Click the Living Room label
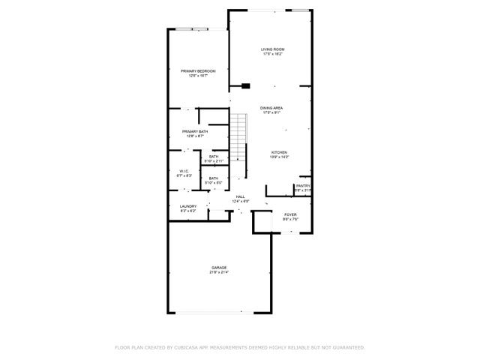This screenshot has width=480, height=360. coord(273,49)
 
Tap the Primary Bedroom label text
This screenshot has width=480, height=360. coord(198,71)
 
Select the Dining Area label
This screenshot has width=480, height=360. coord(271,108)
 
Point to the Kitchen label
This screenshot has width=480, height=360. coord(279,152)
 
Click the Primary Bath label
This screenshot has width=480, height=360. coord(194,131)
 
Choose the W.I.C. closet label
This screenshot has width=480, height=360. coord(184,171)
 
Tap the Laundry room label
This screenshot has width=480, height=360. coord(188,206)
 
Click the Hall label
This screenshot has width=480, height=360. coord(241,196)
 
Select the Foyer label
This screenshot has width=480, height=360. coord(290,215)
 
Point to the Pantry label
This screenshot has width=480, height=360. coord(303,186)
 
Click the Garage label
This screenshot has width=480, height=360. coord(219,268)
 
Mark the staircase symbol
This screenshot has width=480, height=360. coord(238,138)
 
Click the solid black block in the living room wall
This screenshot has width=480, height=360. coord(245,85)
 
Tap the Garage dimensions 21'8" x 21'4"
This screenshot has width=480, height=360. coord(219,272)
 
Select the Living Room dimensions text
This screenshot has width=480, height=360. coord(273,54)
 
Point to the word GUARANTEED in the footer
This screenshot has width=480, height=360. coord(349,348)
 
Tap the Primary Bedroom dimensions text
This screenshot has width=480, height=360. coord(198,76)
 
